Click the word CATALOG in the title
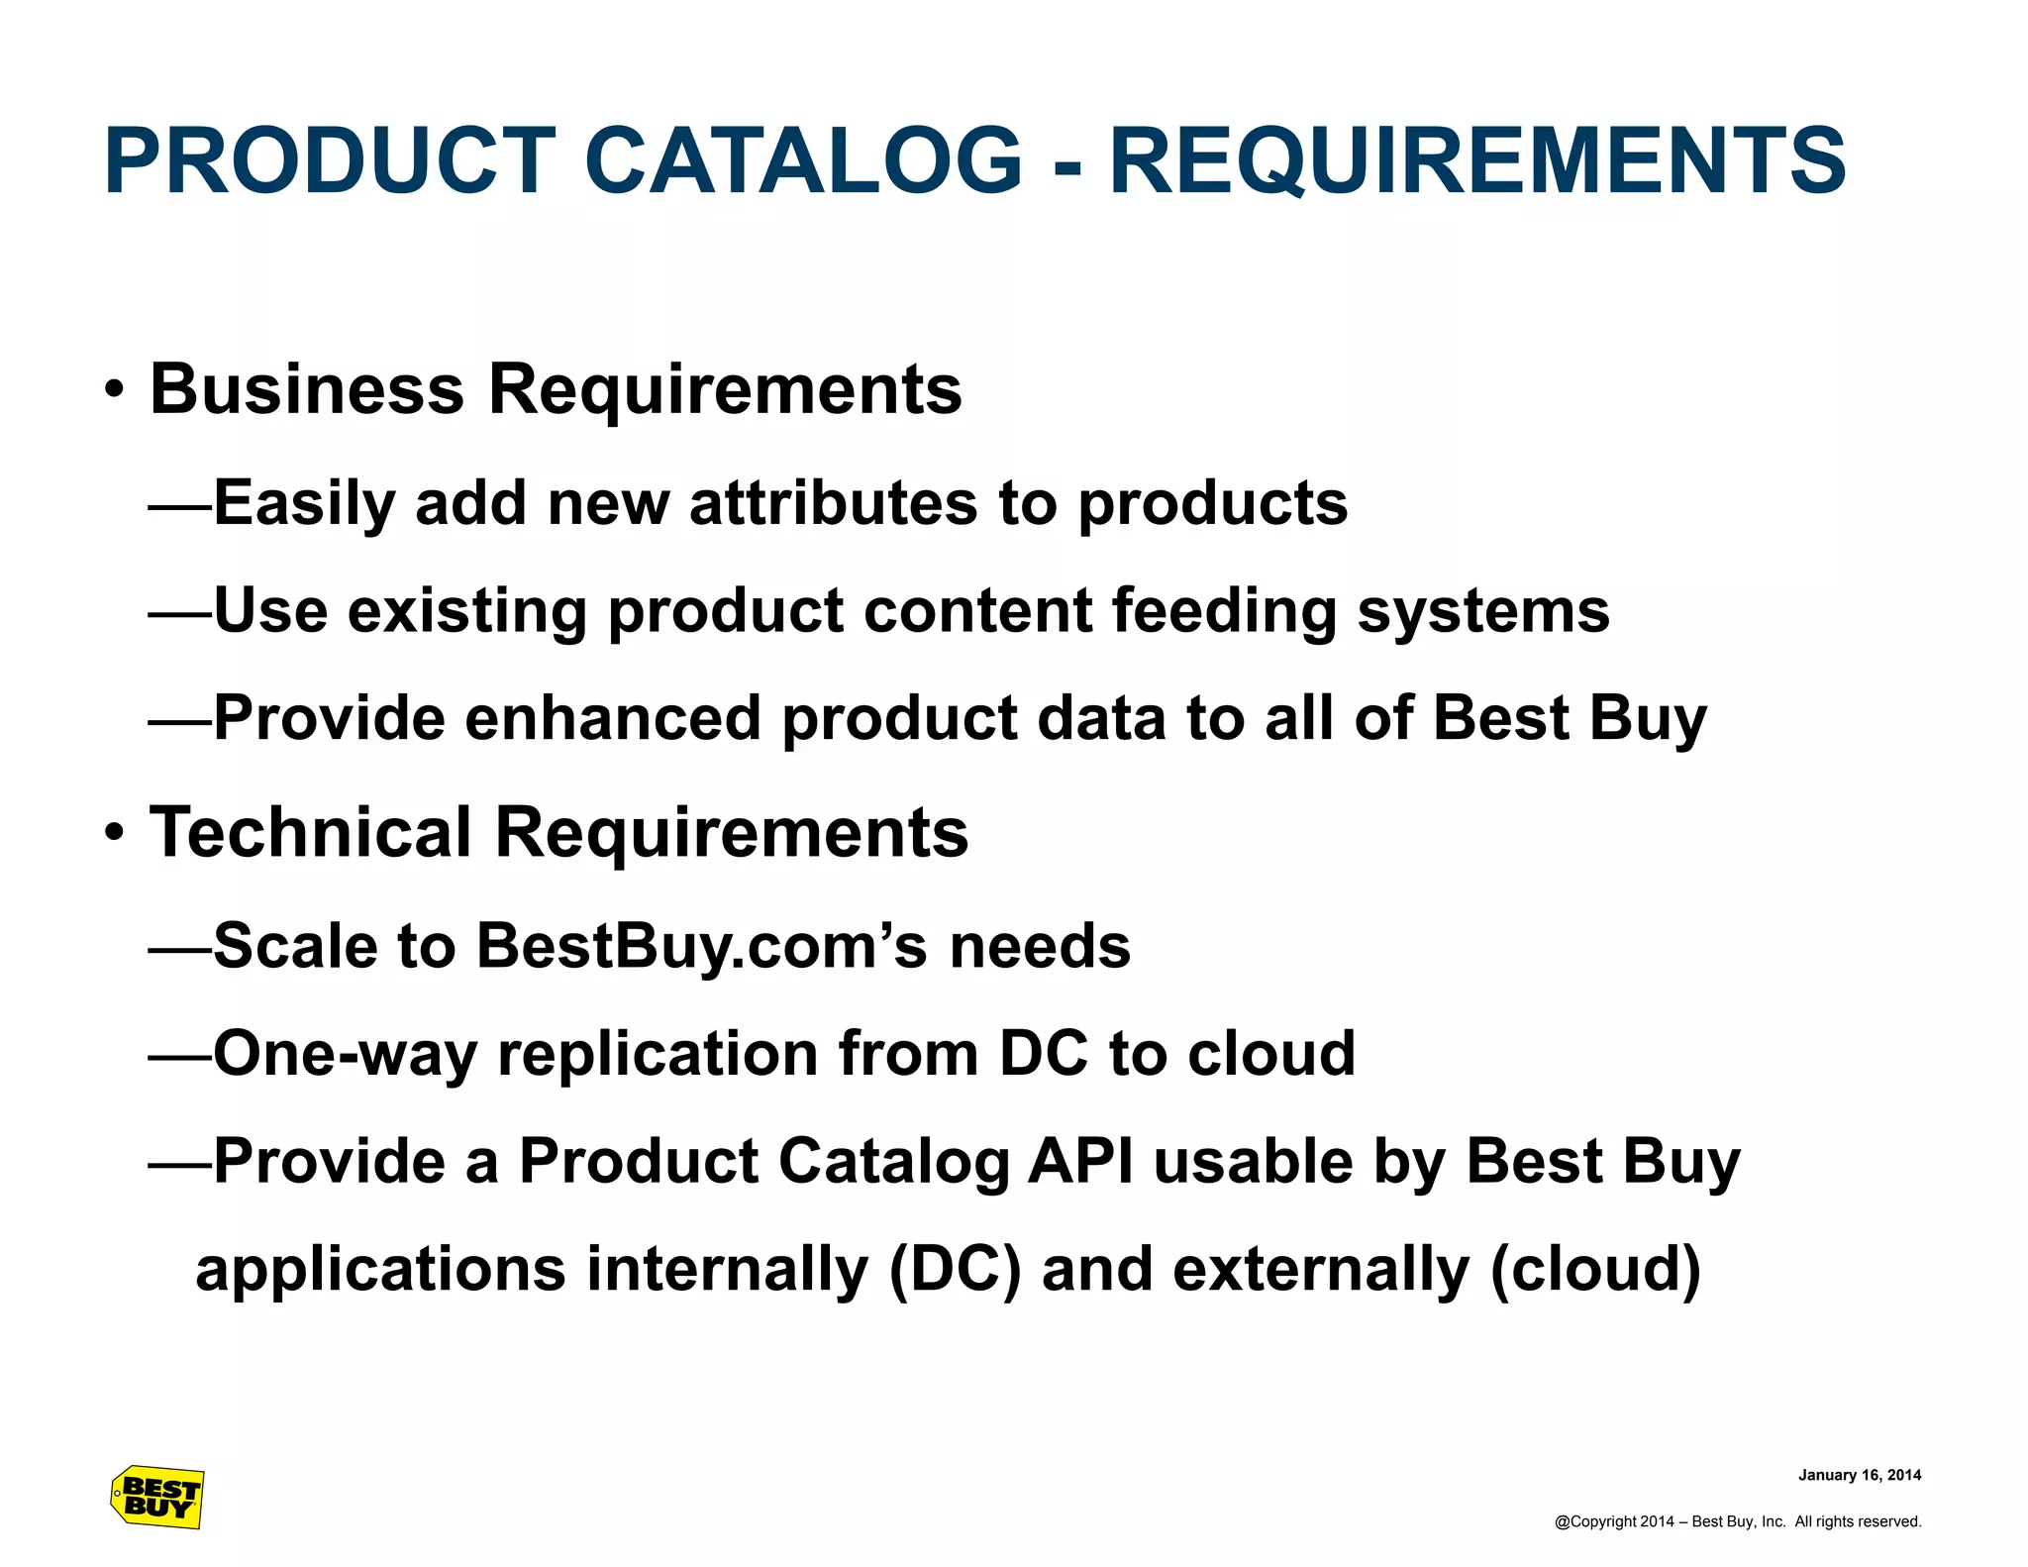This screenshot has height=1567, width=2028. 803,161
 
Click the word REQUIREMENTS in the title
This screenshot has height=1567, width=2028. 1476,161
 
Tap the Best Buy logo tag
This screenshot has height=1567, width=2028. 157,1497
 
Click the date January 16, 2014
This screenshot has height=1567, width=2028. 1859,1475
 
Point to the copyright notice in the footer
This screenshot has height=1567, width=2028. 1737,1521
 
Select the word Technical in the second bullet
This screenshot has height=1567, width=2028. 310,832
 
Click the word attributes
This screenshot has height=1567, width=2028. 833,503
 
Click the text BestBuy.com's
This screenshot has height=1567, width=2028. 701,946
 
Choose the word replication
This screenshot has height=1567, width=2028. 657,1053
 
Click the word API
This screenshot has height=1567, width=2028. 1079,1161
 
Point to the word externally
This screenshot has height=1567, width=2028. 1321,1269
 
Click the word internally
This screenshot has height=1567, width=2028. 727,1269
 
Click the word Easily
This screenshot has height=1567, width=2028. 304,503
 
